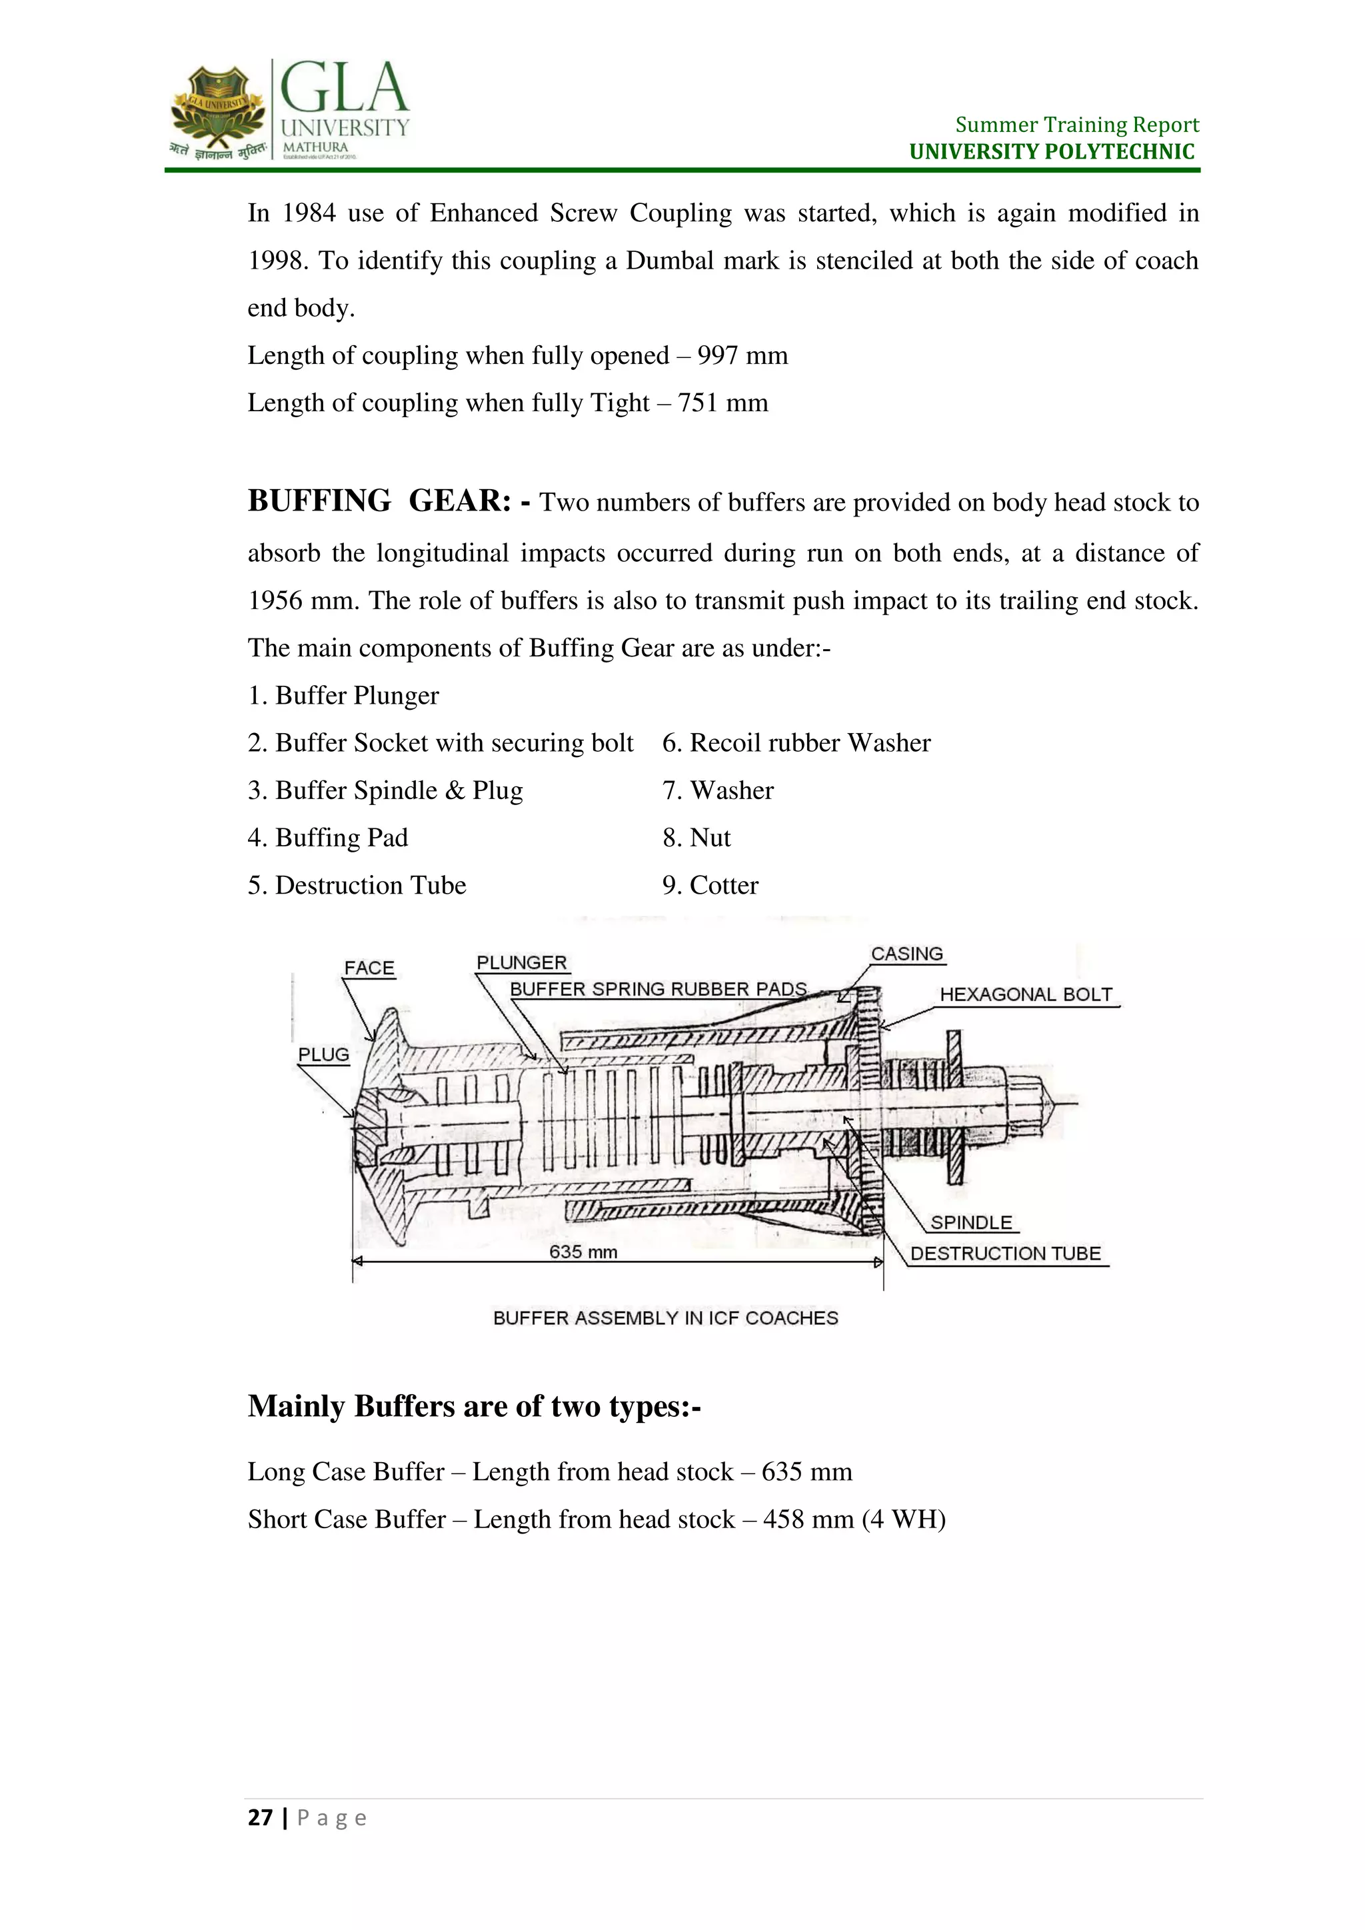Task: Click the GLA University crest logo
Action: [217, 109]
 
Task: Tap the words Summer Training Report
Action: [1076, 125]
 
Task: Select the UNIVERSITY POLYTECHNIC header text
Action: [1052, 152]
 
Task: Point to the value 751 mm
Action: [723, 403]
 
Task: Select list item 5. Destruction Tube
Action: [357, 885]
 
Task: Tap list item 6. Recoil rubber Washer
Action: [796, 743]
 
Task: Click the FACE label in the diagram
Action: [369, 968]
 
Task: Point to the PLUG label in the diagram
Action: [324, 1055]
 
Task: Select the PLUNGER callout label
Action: [521, 963]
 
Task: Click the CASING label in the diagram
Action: [907, 954]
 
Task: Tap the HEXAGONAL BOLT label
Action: [1026, 994]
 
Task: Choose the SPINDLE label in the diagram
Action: [971, 1223]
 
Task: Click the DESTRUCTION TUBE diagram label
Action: [1005, 1254]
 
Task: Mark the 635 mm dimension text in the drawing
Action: [583, 1252]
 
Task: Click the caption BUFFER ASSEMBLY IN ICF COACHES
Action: [666, 1318]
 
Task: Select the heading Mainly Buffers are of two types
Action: [474, 1406]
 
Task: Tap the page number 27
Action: [260, 1818]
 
